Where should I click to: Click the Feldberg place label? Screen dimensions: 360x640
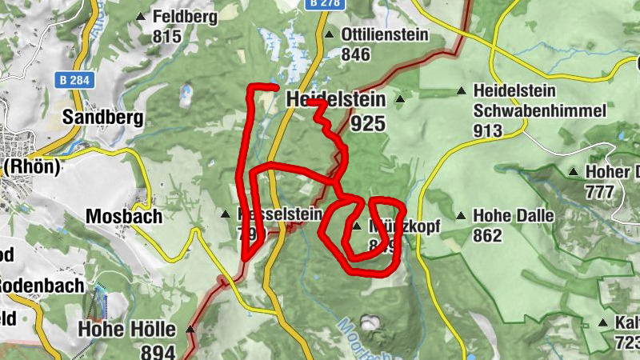[185, 16]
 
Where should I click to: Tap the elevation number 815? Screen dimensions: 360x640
[168, 36]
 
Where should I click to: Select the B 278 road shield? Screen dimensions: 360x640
[325, 4]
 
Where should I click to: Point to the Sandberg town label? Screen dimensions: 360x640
[104, 118]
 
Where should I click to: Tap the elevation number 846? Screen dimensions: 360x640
[356, 54]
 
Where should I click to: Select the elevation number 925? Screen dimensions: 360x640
[368, 124]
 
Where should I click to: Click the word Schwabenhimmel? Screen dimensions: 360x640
[539, 110]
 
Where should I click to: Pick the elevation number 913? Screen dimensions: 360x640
[487, 130]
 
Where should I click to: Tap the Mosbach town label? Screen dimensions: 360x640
[124, 217]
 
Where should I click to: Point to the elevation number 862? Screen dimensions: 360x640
[487, 236]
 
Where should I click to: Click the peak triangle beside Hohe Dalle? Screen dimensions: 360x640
[461, 215]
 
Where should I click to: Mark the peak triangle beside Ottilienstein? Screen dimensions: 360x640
[330, 34]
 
